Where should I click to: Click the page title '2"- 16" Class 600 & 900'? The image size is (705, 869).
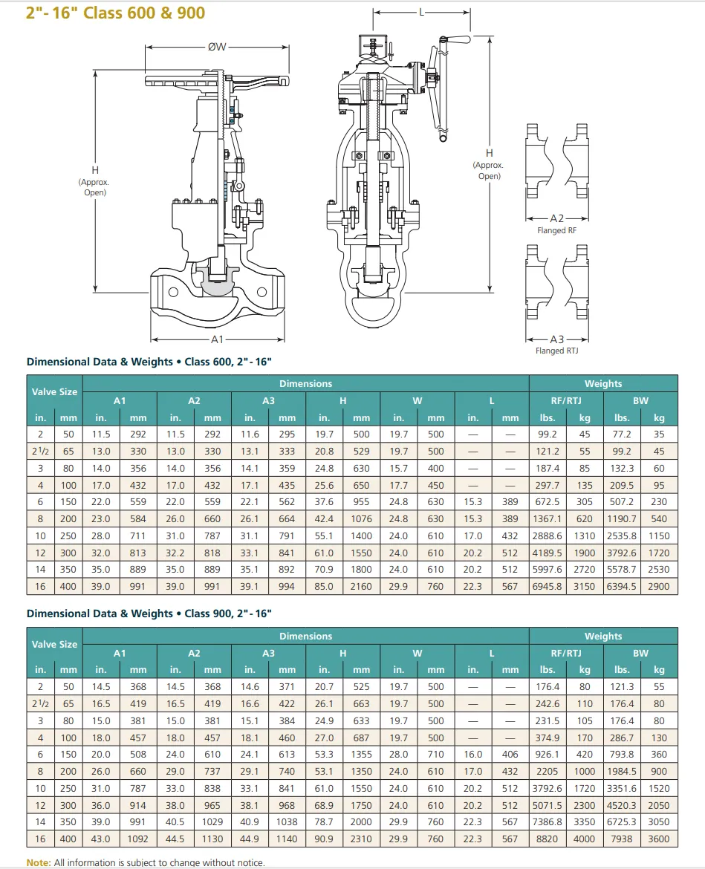tap(115, 12)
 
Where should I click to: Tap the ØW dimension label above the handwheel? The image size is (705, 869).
tap(217, 47)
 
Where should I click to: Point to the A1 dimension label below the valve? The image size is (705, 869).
tap(217, 339)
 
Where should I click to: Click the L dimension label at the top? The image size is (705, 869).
tap(421, 12)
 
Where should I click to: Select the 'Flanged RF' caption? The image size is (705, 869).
tap(556, 230)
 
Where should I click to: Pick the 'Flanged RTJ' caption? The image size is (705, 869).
tap(556, 351)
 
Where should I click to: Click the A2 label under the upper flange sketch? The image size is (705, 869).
tap(556, 218)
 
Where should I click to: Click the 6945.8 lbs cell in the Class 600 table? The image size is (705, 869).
tap(547, 586)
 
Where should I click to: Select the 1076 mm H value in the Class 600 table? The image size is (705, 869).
tap(361, 518)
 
